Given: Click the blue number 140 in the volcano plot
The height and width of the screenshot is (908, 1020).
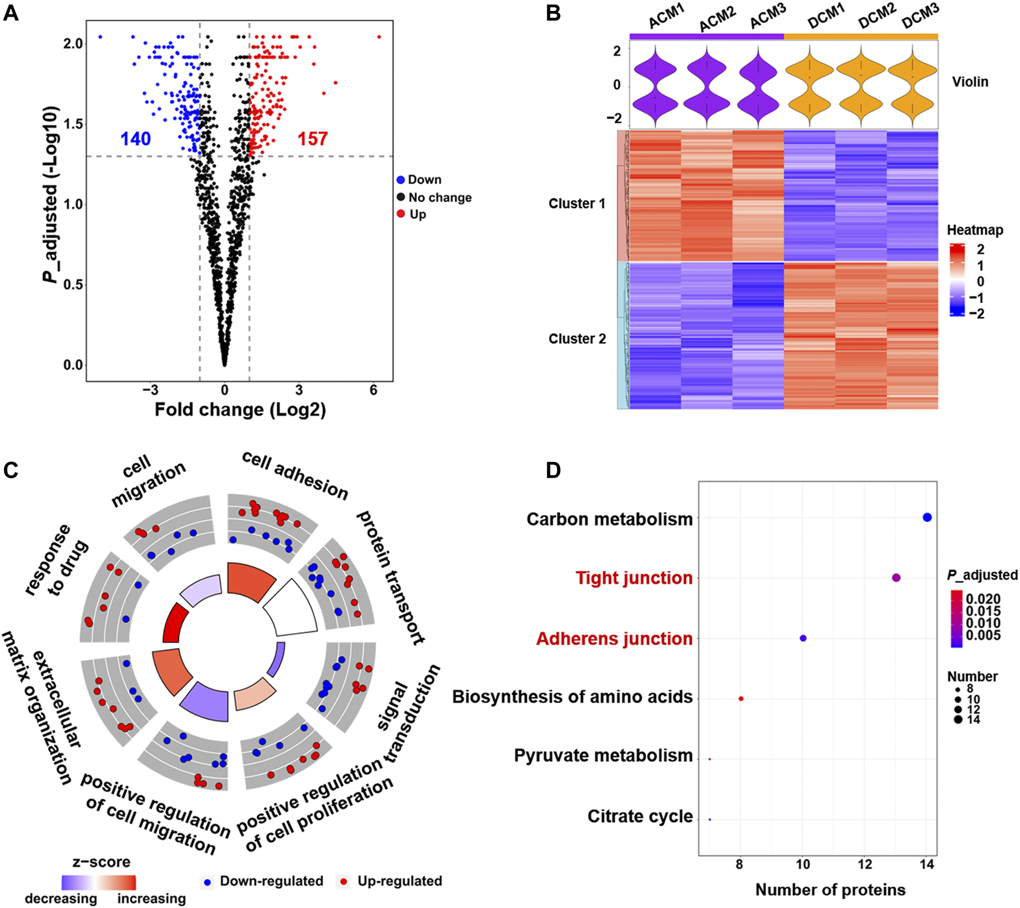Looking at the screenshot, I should (x=135, y=139).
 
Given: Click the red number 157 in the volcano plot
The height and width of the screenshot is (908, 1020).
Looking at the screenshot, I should (x=313, y=139).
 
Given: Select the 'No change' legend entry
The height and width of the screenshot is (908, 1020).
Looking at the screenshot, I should (x=440, y=198).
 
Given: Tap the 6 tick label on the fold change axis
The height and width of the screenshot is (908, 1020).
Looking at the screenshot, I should (x=374, y=391).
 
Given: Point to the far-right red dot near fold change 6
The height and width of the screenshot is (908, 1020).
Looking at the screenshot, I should (x=379, y=37).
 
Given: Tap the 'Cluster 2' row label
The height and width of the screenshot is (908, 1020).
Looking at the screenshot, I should (x=577, y=339).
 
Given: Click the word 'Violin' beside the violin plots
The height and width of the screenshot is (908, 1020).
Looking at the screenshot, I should (x=970, y=82).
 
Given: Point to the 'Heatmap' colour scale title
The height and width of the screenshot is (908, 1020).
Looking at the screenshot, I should (x=975, y=230).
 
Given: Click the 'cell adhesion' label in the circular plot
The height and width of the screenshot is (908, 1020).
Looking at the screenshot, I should (x=295, y=475).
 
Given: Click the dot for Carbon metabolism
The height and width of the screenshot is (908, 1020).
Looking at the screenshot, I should (x=927, y=517).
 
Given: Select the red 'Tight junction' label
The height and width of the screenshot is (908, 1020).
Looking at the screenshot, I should (x=634, y=578).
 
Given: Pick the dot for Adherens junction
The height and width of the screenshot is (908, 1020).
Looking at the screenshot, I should (x=803, y=638).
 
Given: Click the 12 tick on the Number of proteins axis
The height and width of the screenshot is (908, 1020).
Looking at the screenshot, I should (x=865, y=864).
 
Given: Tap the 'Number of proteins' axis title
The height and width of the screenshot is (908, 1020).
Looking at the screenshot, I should (x=830, y=890).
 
